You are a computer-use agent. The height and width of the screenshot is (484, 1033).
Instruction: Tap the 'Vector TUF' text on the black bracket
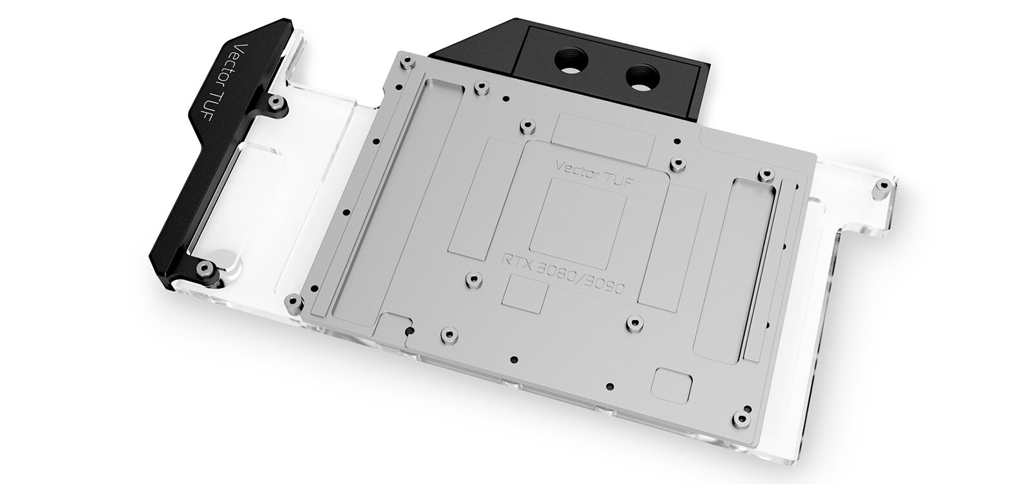pos(254,76)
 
